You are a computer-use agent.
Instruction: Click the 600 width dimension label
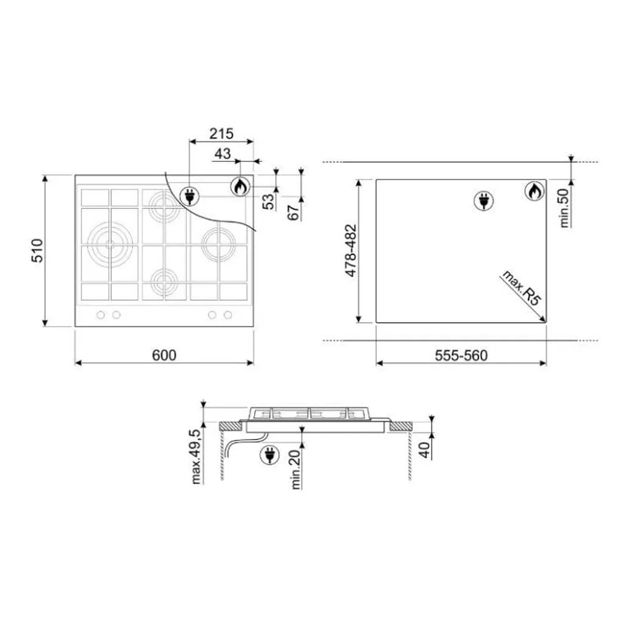tap(164, 355)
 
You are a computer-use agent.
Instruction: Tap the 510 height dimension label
tap(37, 251)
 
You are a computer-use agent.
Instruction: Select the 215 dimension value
tap(221, 134)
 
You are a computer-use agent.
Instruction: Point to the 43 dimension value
tap(222, 153)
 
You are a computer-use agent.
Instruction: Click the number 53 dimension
tap(269, 201)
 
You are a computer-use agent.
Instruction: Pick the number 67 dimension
tap(293, 212)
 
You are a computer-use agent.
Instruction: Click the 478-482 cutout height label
tap(351, 251)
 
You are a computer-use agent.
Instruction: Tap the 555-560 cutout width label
tap(461, 356)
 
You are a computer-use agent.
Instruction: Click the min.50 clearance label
tap(564, 208)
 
